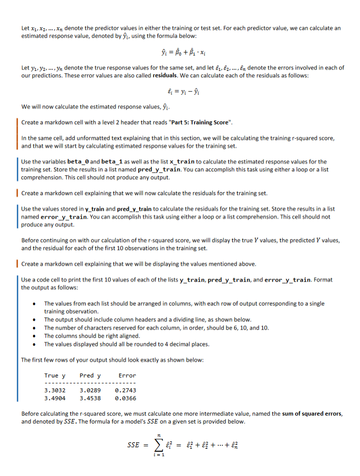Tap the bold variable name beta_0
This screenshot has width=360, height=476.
tap(81, 161)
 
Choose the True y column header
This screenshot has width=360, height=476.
tap(55, 376)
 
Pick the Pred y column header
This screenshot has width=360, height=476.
tap(90, 376)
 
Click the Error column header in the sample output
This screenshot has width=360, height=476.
tap(127, 376)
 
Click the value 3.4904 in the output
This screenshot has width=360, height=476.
tap(55, 397)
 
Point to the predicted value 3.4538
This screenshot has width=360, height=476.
tap(90, 397)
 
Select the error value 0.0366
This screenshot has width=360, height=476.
tap(125, 397)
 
